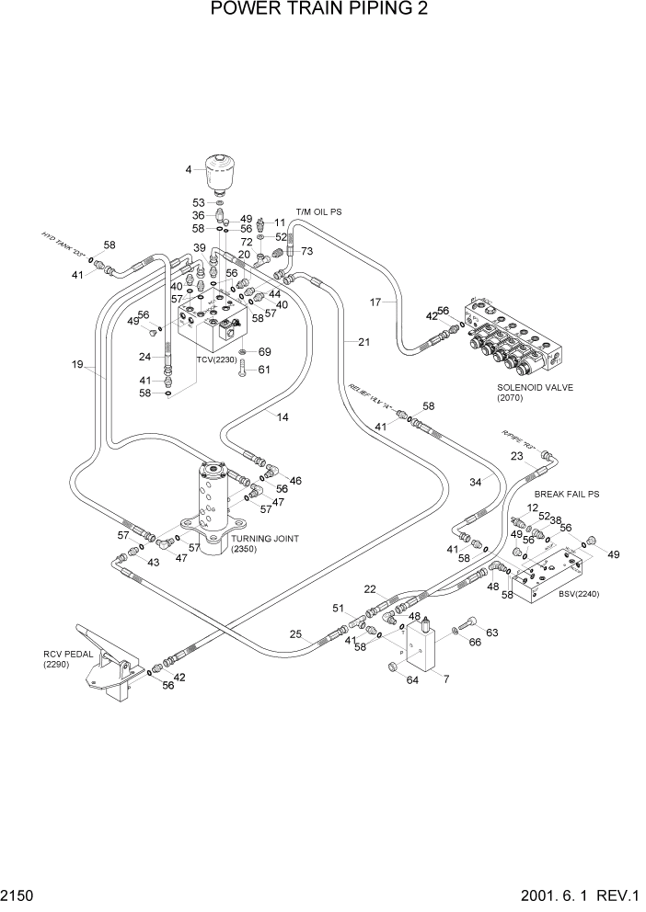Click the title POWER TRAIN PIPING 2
(319, 10)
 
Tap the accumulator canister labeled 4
(220, 174)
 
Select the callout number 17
(375, 301)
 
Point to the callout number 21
(363, 342)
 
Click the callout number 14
(282, 416)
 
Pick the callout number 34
(476, 482)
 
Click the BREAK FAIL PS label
(568, 495)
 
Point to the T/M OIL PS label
(318, 212)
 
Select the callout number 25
(295, 634)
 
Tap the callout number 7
(446, 679)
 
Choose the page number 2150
(18, 895)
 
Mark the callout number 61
(264, 370)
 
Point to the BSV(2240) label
(579, 594)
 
